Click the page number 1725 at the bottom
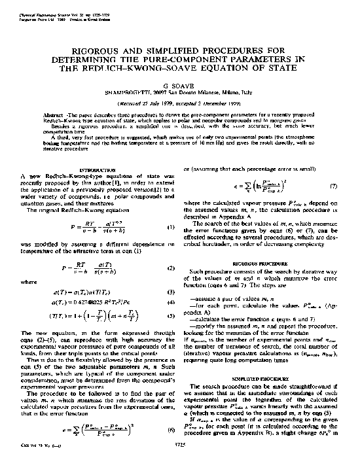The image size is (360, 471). (x=179, y=464)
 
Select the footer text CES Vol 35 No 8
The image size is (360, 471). (x=37, y=464)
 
